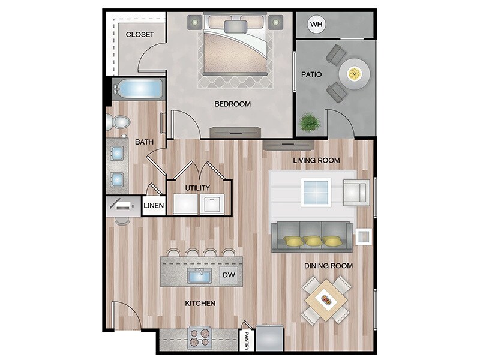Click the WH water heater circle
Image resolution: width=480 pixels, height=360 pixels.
(316, 25)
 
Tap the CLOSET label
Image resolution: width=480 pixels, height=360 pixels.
(139, 34)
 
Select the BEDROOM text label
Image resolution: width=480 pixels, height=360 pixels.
(232, 104)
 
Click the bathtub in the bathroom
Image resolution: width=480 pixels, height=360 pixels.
(137, 89)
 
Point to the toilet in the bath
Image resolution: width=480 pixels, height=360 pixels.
(119, 122)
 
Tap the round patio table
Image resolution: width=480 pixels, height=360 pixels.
(354, 74)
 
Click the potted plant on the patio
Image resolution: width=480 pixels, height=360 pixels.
(310, 122)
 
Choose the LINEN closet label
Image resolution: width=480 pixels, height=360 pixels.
(154, 206)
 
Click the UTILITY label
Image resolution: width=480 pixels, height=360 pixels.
(197, 188)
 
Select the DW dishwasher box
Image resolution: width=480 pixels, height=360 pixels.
(229, 275)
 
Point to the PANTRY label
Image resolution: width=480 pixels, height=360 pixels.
(246, 340)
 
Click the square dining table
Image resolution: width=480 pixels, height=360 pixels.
(326, 299)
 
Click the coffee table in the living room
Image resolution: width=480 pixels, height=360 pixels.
(316, 192)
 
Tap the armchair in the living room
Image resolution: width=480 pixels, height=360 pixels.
(356, 192)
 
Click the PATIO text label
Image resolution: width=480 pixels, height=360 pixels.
(311, 75)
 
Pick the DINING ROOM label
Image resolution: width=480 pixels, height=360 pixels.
(329, 265)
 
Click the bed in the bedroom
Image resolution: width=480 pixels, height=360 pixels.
(235, 44)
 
